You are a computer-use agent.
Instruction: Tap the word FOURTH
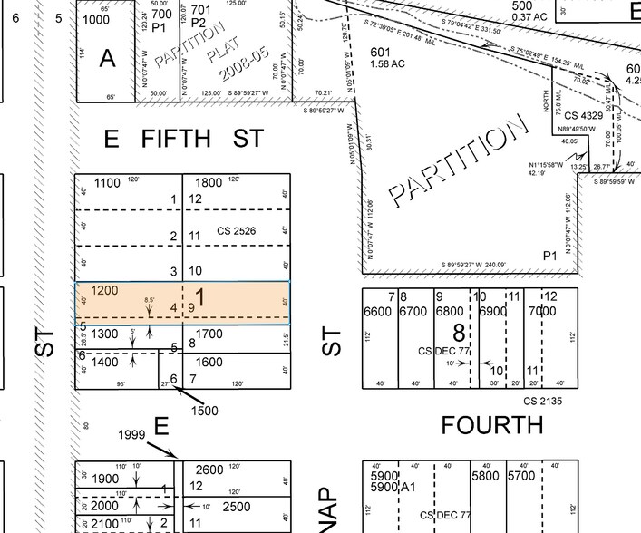coord(491,424)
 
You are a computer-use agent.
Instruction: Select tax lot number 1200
coord(105,291)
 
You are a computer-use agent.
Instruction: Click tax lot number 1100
coord(106,183)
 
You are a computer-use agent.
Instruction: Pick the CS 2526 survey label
coord(236,232)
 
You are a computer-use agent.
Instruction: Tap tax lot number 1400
coord(104,362)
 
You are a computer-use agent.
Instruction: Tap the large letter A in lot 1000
coord(108,58)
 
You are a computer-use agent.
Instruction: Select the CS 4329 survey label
coord(582,116)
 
